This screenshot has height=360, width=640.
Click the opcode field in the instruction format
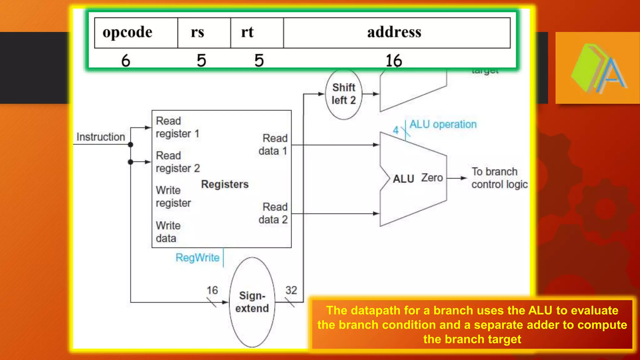127,32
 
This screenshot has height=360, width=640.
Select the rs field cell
197,32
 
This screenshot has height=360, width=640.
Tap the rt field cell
247,32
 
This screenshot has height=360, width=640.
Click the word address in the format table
394,32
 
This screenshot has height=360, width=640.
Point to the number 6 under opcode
126,60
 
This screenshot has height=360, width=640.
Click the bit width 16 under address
393,60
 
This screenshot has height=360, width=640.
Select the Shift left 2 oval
344,94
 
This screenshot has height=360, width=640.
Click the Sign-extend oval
252,302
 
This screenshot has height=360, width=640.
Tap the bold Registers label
225,184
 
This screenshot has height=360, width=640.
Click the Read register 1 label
177,127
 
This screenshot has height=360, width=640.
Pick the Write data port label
168,232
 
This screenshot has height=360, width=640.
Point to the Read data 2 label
273,213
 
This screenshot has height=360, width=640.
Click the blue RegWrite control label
197,258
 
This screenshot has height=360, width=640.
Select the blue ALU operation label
443,124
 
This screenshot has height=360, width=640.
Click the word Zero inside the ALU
432,178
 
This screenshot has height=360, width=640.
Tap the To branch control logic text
499,178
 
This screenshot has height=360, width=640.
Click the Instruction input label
101,137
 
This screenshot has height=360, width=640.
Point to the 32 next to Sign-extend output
291,290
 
